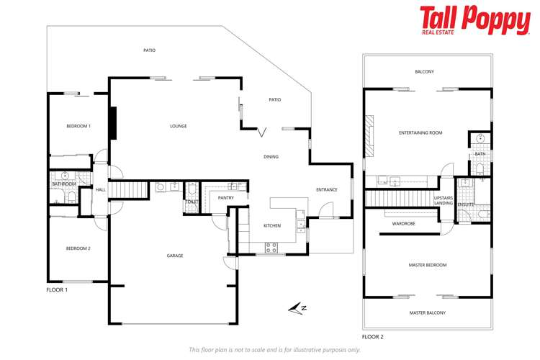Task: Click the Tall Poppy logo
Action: [x=475, y=20]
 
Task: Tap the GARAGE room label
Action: [x=175, y=256]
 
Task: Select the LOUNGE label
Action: [x=179, y=126]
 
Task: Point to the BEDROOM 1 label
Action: [x=78, y=126]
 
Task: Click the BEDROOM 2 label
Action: [x=78, y=248]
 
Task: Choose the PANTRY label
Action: [x=226, y=198]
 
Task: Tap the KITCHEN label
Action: [x=272, y=225]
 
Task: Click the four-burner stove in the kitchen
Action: [x=271, y=248]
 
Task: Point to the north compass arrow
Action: [x=297, y=308]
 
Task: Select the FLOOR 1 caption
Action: [x=57, y=290]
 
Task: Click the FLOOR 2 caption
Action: [x=373, y=337]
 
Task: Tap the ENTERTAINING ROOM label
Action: [x=420, y=132]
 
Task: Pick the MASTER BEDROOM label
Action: [x=428, y=265]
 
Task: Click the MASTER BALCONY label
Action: [x=428, y=312]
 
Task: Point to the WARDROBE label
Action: [x=404, y=224]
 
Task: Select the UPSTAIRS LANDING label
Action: [x=444, y=200]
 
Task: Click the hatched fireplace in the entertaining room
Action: [x=369, y=136]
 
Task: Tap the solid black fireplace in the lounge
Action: [x=113, y=123]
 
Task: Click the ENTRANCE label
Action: [x=327, y=190]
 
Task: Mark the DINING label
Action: [x=271, y=157]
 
